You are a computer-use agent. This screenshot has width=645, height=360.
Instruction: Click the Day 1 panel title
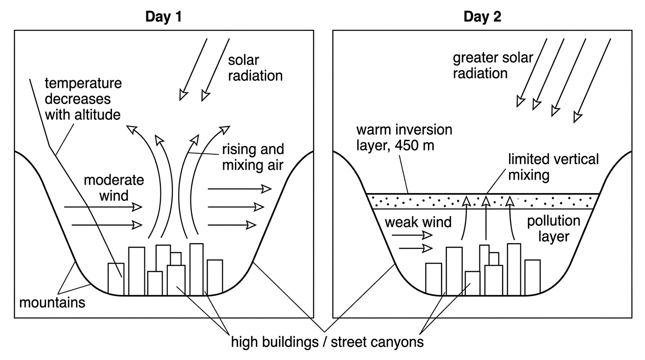click(x=164, y=16)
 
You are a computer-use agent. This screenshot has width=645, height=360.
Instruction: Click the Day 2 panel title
click(x=482, y=16)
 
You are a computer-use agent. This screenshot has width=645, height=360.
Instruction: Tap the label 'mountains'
click(x=52, y=303)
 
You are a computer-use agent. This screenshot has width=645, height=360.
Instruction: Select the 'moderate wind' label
click(x=114, y=188)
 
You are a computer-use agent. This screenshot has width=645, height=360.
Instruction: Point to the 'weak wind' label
click(x=418, y=222)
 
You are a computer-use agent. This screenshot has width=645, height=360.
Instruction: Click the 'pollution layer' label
click(x=554, y=229)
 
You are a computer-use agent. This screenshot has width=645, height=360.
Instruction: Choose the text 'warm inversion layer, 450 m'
click(x=404, y=138)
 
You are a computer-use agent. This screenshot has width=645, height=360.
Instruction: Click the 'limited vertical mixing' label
click(x=553, y=167)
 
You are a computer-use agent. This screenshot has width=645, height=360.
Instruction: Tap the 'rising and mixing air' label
click(x=253, y=157)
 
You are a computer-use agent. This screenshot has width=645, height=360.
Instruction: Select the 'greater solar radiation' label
click(x=493, y=65)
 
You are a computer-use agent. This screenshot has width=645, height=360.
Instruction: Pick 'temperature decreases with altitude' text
click(x=83, y=99)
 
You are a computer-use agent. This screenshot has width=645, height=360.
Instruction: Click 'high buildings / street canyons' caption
click(x=327, y=342)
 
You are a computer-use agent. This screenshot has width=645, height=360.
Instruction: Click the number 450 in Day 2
click(x=405, y=145)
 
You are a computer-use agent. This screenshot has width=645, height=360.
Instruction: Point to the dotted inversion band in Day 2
click(x=483, y=202)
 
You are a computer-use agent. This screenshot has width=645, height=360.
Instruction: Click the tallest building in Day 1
click(x=196, y=270)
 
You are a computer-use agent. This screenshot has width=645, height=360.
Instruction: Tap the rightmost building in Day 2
click(x=532, y=277)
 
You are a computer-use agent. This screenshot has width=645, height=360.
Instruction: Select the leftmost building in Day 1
click(x=116, y=279)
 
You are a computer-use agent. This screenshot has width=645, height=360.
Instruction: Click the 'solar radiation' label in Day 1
click(x=255, y=68)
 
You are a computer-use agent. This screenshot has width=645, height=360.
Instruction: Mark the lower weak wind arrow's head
click(x=427, y=248)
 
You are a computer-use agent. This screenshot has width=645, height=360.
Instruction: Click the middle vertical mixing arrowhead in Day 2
click(x=486, y=201)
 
